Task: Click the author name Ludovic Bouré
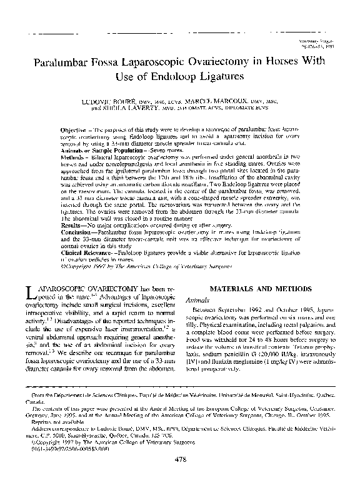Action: [x=121, y=99]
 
